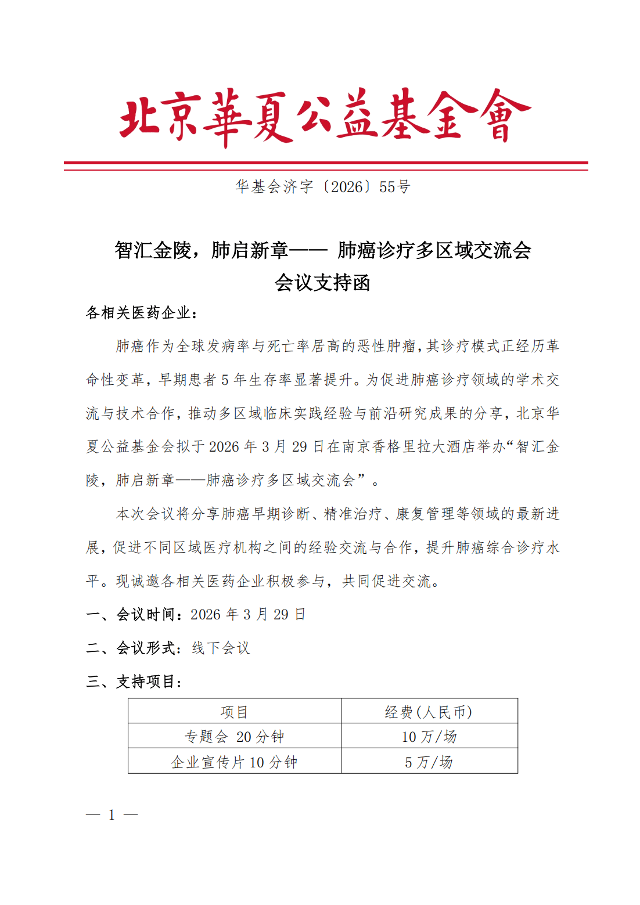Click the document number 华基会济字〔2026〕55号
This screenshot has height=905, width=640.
pyautogui.click(x=322, y=187)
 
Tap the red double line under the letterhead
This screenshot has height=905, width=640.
pyautogui.click(x=325, y=166)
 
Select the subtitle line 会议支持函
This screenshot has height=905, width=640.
pyautogui.click(x=322, y=283)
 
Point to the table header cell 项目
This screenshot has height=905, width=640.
pyautogui.click(x=234, y=712)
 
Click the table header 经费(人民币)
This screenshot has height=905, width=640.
pyautogui.click(x=429, y=712)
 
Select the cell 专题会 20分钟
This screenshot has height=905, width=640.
pyautogui.click(x=234, y=737)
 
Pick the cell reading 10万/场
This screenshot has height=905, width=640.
pyautogui.click(x=429, y=737)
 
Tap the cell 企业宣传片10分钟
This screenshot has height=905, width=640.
pyautogui.click(x=234, y=762)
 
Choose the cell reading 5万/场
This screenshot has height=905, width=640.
pyautogui.click(x=429, y=762)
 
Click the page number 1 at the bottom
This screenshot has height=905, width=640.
pyautogui.click(x=112, y=815)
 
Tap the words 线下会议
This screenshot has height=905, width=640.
pyautogui.click(x=221, y=648)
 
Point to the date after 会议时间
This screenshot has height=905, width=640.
pyautogui.click(x=248, y=615)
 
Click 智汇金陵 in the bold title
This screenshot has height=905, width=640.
pyautogui.click(x=153, y=251)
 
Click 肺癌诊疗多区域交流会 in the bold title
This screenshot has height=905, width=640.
pyautogui.click(x=434, y=251)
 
